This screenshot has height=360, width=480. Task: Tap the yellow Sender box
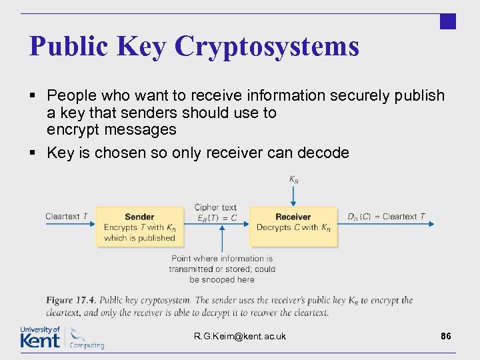(139, 227)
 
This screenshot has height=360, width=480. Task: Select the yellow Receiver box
(293, 227)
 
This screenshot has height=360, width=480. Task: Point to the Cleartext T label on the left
(67, 217)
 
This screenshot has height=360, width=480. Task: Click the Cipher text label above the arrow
(215, 207)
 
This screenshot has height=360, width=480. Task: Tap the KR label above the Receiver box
(293, 179)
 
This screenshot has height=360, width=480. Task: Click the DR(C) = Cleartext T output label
(387, 217)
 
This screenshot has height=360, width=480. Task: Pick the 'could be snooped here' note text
(222, 275)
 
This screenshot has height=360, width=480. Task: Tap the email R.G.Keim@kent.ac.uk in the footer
(240, 336)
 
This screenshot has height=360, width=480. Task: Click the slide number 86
(446, 336)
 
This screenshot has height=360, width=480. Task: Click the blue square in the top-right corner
(448, 21)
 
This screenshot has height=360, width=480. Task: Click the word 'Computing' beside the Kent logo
(87, 345)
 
